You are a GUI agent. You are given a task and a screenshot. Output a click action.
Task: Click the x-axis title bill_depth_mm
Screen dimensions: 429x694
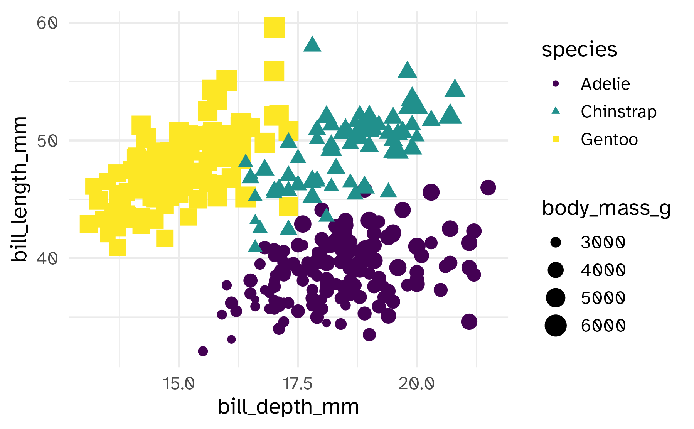point(288,407)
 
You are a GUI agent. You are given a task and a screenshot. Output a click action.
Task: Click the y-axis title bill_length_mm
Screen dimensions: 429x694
point(19,189)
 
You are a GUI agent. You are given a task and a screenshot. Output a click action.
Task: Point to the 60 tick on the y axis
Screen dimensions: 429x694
point(47,23)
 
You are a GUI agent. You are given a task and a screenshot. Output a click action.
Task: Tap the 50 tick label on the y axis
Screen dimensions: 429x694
point(47,141)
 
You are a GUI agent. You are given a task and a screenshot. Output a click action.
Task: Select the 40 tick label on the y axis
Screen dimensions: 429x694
point(47,258)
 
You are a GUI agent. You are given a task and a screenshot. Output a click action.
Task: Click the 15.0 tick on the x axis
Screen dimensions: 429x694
point(179,384)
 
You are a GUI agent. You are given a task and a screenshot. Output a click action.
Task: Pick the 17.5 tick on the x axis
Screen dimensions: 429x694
point(298,384)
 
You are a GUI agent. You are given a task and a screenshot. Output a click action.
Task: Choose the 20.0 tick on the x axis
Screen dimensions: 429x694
point(416,384)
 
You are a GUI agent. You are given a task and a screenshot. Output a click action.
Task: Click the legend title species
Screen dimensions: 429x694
point(579,50)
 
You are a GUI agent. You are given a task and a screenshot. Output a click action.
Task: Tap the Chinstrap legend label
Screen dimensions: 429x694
point(618,111)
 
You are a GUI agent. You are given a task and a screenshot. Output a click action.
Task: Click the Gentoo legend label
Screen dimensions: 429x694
point(609,139)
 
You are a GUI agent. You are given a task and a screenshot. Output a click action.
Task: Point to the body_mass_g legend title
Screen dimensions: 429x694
point(606,208)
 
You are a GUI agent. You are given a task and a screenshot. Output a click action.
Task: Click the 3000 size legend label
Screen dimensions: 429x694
point(603,242)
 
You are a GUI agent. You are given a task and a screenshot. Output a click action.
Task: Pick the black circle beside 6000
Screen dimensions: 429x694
point(556,325)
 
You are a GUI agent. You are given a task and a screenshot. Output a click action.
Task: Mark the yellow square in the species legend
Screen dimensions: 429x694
point(556,139)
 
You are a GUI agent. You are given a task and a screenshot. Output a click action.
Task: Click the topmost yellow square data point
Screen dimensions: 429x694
point(274,27)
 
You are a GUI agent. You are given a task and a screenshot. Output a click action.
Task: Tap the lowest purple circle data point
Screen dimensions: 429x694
point(203,351)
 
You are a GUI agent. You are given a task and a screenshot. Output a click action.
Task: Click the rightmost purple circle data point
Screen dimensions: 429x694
point(488,187)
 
